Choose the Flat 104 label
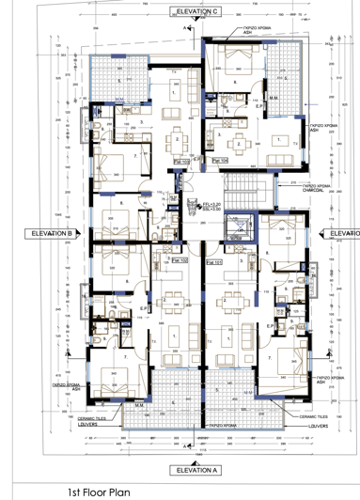coord(219,162)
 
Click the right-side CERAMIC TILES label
coord(312,414)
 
